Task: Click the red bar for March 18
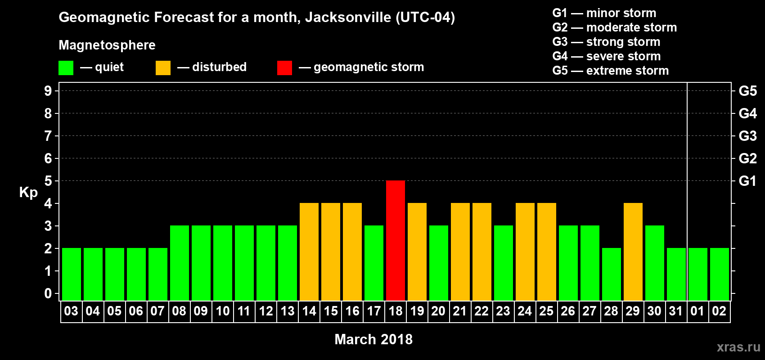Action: click(396, 240)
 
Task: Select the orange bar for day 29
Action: click(633, 252)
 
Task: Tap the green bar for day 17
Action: click(374, 263)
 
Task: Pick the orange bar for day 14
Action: click(309, 252)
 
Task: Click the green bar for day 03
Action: click(72, 274)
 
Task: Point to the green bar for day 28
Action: click(612, 274)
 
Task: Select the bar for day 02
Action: click(720, 274)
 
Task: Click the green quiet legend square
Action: click(66, 68)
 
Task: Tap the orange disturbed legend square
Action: click(163, 68)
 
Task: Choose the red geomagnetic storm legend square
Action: click(284, 68)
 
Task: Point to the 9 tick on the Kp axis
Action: click(48, 91)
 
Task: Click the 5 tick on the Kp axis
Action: click(48, 181)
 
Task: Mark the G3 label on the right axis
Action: click(747, 136)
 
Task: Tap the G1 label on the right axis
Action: click(747, 181)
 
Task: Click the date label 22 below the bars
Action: click(481, 311)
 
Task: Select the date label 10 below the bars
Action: click(223, 311)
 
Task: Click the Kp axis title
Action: click(28, 193)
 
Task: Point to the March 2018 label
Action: click(373, 339)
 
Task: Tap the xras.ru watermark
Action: click(738, 347)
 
